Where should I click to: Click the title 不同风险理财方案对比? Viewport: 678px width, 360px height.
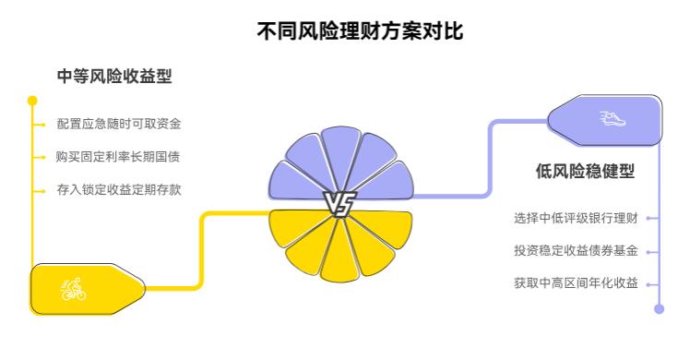[361, 30]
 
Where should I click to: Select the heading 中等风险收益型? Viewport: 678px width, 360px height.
[114, 78]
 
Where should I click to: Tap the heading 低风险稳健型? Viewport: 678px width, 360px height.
[585, 172]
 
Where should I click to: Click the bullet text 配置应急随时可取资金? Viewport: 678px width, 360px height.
[118, 124]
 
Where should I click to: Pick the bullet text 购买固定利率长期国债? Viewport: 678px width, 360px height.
[118, 157]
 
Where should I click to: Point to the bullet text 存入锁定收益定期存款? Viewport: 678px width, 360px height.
[118, 190]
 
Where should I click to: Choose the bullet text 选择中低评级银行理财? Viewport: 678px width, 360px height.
[576, 219]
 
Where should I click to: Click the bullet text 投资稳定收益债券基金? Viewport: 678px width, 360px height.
[576, 251]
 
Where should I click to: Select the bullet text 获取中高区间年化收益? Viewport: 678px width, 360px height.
[576, 283]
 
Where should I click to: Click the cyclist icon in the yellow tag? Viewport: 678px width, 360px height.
[73, 290]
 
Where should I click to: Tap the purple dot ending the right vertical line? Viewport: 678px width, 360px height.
[659, 309]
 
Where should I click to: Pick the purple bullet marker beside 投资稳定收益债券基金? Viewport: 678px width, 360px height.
[649, 251]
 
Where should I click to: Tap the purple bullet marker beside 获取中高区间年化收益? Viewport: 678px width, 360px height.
[649, 283]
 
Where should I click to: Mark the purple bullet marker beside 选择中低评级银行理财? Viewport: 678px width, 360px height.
[649, 219]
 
